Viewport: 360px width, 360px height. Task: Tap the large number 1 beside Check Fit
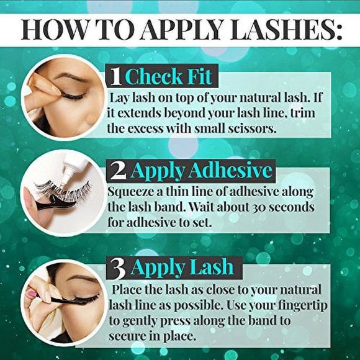point(114,78)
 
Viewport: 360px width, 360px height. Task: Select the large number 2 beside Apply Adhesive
point(119,170)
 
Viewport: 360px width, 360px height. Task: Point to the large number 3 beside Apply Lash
point(118,268)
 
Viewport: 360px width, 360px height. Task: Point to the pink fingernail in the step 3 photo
point(32,294)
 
